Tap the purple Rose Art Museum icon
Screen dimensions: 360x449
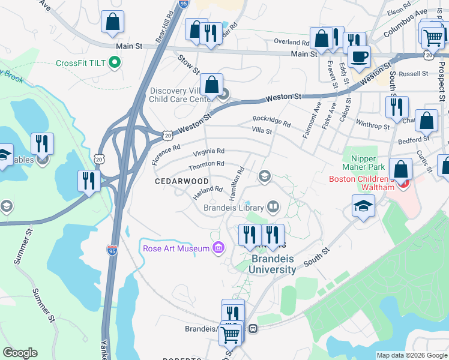(217, 248)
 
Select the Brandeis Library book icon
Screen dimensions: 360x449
(273, 208)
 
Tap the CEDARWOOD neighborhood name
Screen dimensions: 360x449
(182, 181)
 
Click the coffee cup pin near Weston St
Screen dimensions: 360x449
(360, 57)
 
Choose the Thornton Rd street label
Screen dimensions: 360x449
(206, 164)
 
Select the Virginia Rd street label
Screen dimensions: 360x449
(209, 151)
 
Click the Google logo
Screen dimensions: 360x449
(20, 353)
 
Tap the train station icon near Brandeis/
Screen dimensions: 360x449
(253, 329)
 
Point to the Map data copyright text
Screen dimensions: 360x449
(411, 355)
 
